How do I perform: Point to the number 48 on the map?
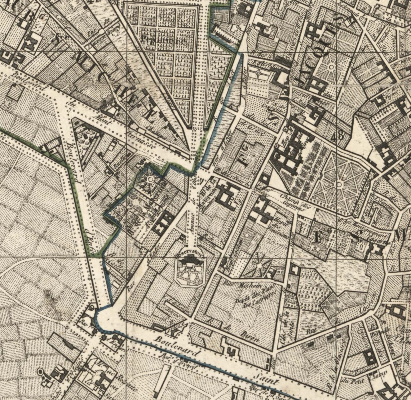(339, 136)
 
